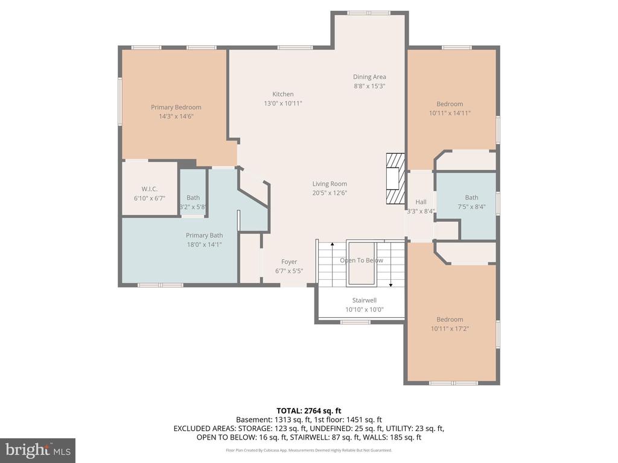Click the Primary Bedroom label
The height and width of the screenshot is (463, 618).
pos(176,107)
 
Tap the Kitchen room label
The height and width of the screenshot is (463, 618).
pos(282,94)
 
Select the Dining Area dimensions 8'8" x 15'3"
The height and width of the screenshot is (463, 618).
pos(369,86)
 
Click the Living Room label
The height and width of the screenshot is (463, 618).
pos(330,184)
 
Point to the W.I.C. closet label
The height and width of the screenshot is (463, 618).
pos(150,189)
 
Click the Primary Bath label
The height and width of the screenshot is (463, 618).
pos(204,235)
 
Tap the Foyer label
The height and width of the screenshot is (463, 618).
pos(289,262)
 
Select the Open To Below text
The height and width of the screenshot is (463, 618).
pos(361,260)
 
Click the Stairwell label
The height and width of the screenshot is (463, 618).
pos(365,300)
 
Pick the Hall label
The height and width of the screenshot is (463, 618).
pos(421,202)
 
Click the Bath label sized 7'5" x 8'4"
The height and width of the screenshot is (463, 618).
pos(471,197)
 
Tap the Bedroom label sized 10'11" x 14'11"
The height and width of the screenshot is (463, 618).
pos(450,104)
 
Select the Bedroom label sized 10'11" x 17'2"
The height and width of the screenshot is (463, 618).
pos(450,319)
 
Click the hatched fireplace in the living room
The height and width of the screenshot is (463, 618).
pos(394,179)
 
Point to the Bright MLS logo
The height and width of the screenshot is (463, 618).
pos(37,450)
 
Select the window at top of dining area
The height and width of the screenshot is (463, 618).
pos(369,13)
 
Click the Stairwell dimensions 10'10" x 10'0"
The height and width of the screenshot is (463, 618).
pos(365,310)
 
